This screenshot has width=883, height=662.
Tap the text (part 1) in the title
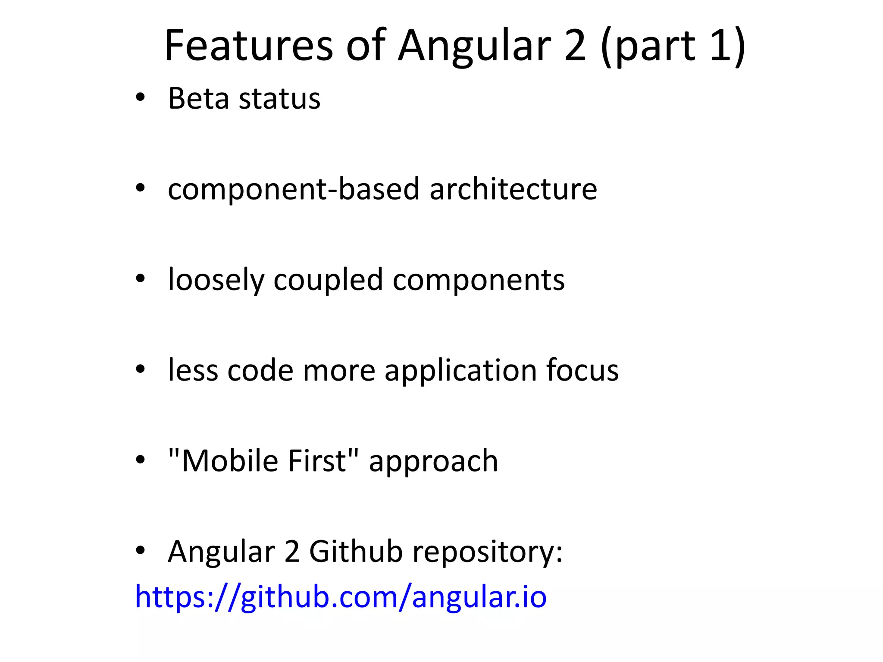(x=673, y=45)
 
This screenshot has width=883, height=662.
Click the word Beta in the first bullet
(x=198, y=99)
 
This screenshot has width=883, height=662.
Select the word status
(x=280, y=99)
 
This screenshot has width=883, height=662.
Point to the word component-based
(x=294, y=189)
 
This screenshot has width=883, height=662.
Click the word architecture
(x=513, y=189)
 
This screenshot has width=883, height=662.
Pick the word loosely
(x=216, y=281)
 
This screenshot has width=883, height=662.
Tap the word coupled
(x=328, y=281)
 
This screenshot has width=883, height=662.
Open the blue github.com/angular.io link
(x=341, y=597)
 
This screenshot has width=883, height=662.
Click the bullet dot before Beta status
(x=140, y=98)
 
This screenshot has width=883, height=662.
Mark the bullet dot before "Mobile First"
(x=140, y=460)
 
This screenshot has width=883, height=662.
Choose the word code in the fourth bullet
(x=260, y=371)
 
